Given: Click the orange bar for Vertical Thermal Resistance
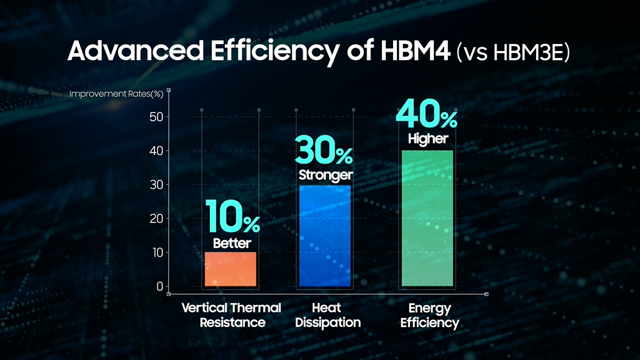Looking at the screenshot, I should point(231,269).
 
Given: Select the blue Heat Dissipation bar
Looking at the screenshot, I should point(326,236).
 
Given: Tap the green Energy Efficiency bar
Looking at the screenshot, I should point(427,218).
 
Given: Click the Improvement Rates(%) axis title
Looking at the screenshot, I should point(116,94).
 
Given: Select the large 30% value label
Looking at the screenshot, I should point(325,151).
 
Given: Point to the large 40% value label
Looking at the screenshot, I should point(427,115).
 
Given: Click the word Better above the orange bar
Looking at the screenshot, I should point(231,244).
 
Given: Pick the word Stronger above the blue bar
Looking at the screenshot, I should point(326,175).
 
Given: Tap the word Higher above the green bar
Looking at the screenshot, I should point(428,139).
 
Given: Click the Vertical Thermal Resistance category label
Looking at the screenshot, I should point(231,315).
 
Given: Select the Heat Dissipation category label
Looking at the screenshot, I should point(328,315).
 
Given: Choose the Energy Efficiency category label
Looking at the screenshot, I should point(429,315).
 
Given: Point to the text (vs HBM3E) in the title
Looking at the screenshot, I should point(513,53).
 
